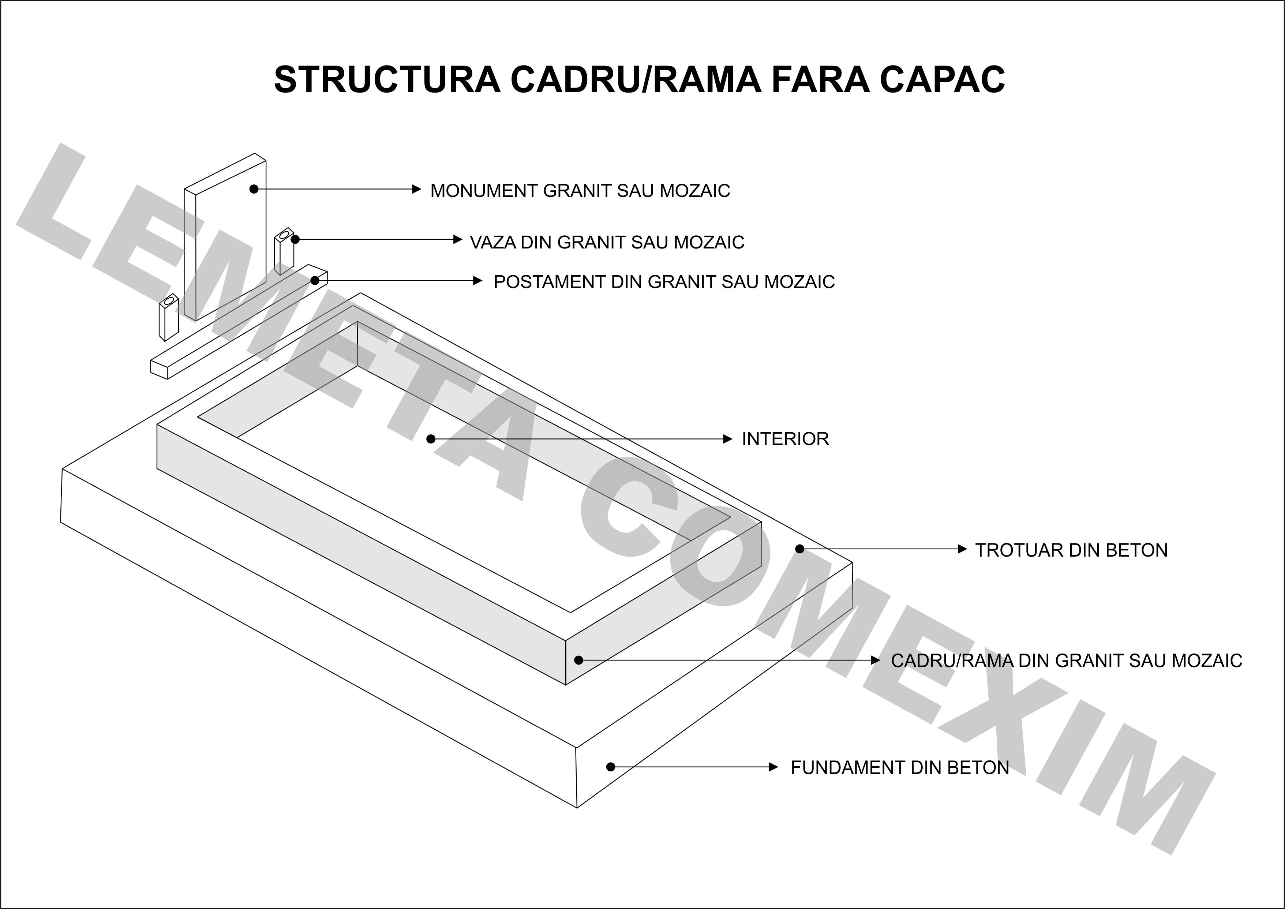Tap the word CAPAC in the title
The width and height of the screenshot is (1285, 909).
pyautogui.click(x=943, y=79)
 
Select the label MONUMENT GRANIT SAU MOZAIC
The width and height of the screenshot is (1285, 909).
pyautogui.click(x=580, y=191)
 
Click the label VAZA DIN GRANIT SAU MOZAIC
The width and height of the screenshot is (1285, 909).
pyautogui.click(x=607, y=242)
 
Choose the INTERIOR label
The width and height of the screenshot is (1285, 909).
pyautogui.click(x=785, y=439)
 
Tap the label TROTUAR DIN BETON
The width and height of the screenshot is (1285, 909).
pyautogui.click(x=1071, y=550)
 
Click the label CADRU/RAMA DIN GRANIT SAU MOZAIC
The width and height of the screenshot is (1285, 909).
pyautogui.click(x=1066, y=661)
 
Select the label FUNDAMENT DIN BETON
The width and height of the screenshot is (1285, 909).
pyautogui.click(x=900, y=767)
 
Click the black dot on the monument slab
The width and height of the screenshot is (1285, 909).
pyautogui.click(x=254, y=189)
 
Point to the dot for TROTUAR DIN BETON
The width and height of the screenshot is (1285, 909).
pyautogui.click(x=800, y=549)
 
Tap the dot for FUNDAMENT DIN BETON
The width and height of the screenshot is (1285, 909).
pyautogui.click(x=611, y=767)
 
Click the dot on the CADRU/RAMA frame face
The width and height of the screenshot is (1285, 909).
pyautogui.click(x=579, y=661)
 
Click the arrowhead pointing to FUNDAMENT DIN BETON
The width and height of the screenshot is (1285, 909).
pyautogui.click(x=774, y=767)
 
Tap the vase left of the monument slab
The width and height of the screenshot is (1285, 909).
pyautogui.click(x=168, y=317)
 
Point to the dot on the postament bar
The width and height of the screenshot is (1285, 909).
pyautogui.click(x=315, y=280)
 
